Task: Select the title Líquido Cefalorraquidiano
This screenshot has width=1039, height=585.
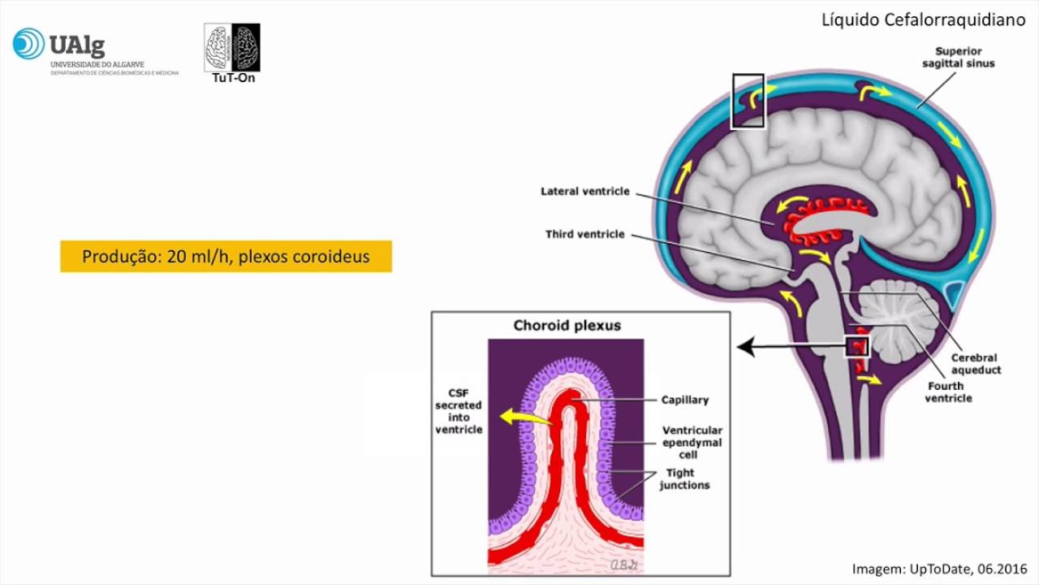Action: (x=924, y=20)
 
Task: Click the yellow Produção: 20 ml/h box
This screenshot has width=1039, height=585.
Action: (x=226, y=257)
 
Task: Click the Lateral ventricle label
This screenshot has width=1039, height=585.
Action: (x=584, y=192)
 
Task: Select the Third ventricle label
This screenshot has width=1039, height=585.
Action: (x=584, y=235)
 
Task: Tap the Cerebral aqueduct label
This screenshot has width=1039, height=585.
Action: (x=975, y=364)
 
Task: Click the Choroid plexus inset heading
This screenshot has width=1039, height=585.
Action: (x=567, y=326)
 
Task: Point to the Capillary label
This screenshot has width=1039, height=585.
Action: (x=684, y=400)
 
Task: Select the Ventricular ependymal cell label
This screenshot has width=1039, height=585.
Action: (x=692, y=443)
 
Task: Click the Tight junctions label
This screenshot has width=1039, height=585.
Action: (x=684, y=479)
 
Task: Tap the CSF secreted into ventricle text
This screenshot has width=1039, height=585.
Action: (x=459, y=411)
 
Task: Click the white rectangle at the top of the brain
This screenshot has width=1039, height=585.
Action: (x=748, y=101)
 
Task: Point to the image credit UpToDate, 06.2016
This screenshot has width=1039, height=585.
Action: (x=939, y=568)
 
